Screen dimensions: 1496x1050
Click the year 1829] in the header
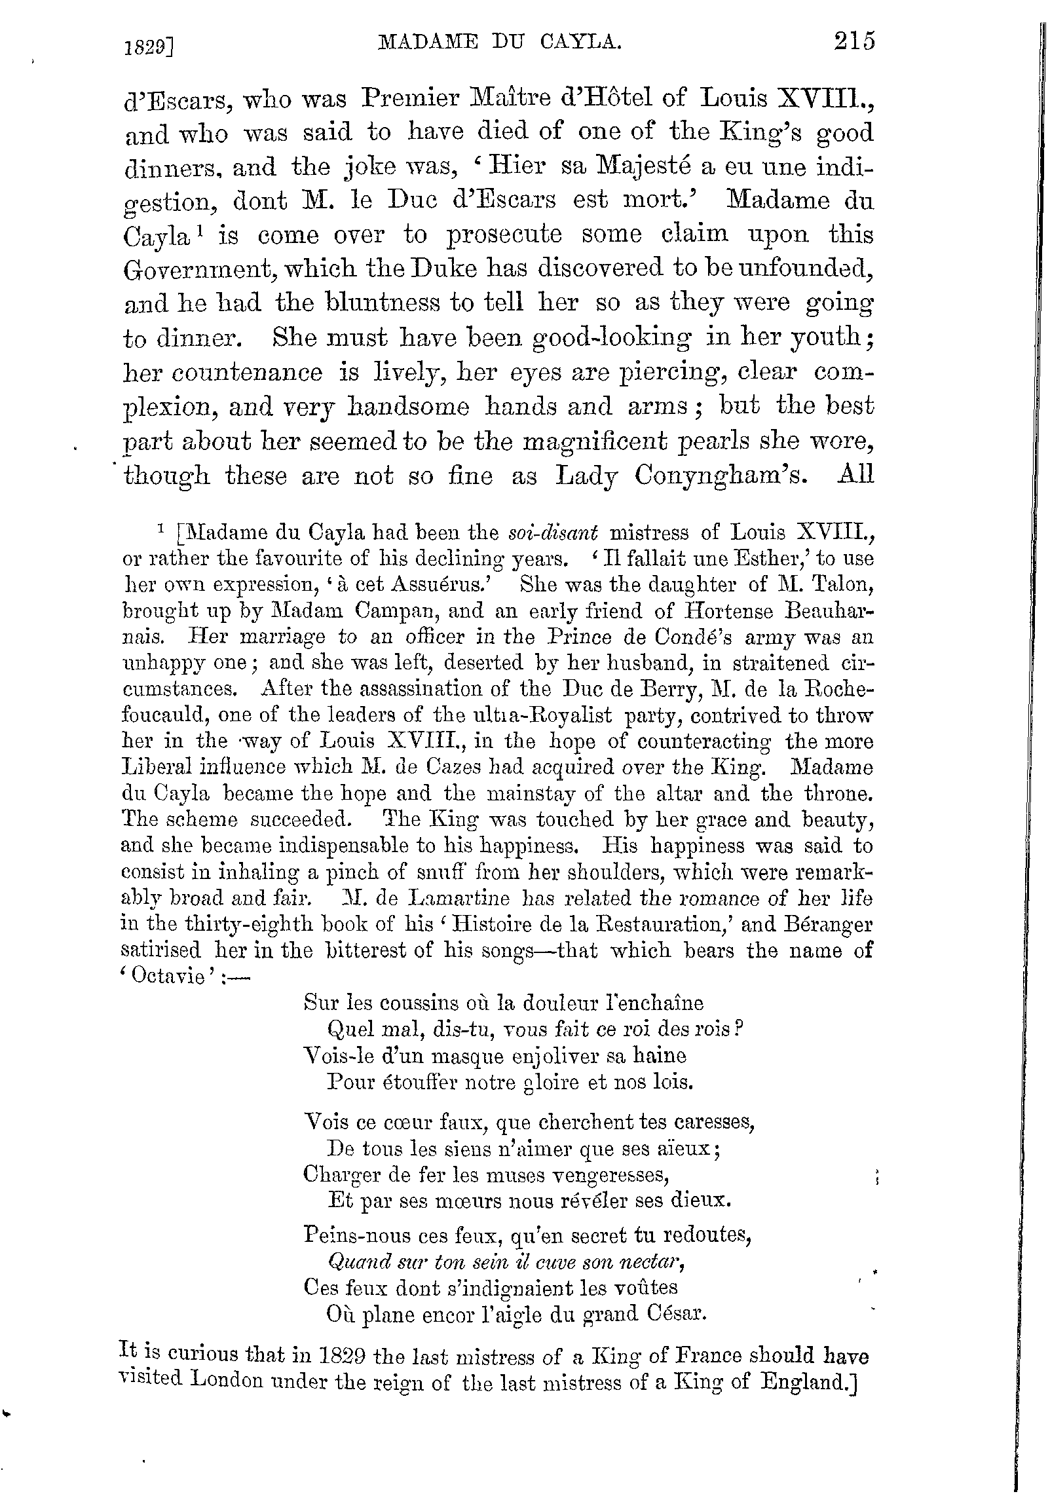point(152,47)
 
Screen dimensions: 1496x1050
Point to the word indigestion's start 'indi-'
point(840,166)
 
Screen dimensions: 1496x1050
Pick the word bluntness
point(383,303)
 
